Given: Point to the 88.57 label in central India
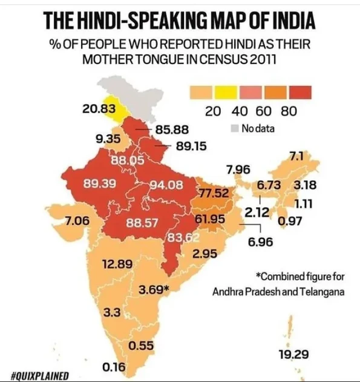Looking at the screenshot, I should [x=142, y=223].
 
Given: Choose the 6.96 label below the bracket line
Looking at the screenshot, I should [x=261, y=242].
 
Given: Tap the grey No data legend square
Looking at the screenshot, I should [x=234, y=128].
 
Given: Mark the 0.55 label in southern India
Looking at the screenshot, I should [x=141, y=346].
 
